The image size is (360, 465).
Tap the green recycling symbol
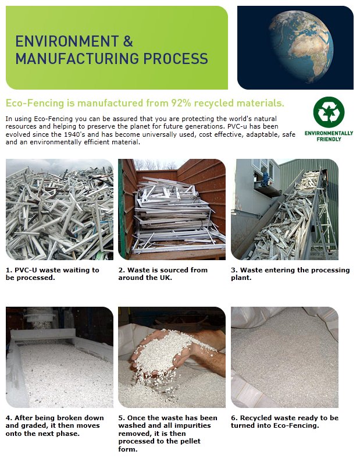pyautogui.click(x=329, y=112)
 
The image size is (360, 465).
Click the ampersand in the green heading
pyautogui.click(x=128, y=41)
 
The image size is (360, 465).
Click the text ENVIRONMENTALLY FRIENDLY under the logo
pyautogui.click(x=329, y=136)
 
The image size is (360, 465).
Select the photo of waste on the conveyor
pyautogui.click(x=285, y=210)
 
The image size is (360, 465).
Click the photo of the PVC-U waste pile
pyautogui.click(x=59, y=210)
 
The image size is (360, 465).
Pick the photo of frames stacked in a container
pyautogui.click(x=172, y=210)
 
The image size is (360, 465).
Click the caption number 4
pyautogui.click(x=9, y=418)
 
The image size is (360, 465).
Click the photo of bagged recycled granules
pyautogui.click(x=285, y=357)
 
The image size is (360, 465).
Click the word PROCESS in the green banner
pyautogui.click(x=176, y=58)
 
